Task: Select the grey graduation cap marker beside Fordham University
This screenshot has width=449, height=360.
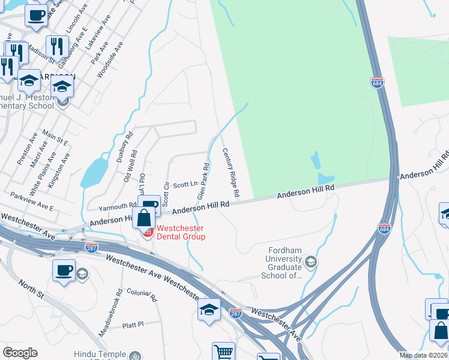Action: point(310,261)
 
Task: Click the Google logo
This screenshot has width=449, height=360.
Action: point(20,353)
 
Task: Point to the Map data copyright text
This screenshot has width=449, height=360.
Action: point(423,355)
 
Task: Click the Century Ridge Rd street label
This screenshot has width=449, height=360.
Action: point(231,173)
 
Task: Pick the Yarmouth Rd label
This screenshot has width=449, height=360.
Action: point(117,206)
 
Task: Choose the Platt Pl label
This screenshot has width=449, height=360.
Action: point(133,324)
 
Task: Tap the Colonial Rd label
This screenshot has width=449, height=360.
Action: point(142,294)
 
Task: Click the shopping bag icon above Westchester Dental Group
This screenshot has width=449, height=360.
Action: point(145,217)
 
